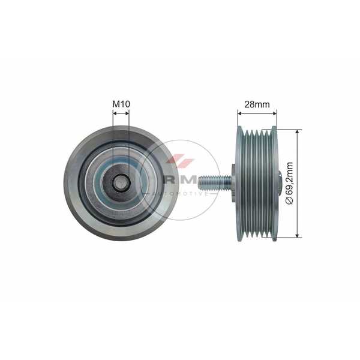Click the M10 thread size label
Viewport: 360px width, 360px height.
[x=121, y=104]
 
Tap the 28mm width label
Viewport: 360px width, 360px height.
[x=257, y=104]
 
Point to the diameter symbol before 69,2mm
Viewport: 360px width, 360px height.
[x=290, y=200]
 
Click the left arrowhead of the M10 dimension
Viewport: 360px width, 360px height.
[x=115, y=113]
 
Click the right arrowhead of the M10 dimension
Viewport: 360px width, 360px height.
[x=127, y=113]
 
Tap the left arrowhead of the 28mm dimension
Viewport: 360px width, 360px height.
[x=239, y=113]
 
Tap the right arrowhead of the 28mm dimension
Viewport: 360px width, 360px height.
[x=275, y=113]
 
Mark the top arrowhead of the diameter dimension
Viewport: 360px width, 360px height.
[x=298, y=131]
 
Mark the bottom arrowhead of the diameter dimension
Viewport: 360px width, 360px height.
[x=298, y=236]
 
